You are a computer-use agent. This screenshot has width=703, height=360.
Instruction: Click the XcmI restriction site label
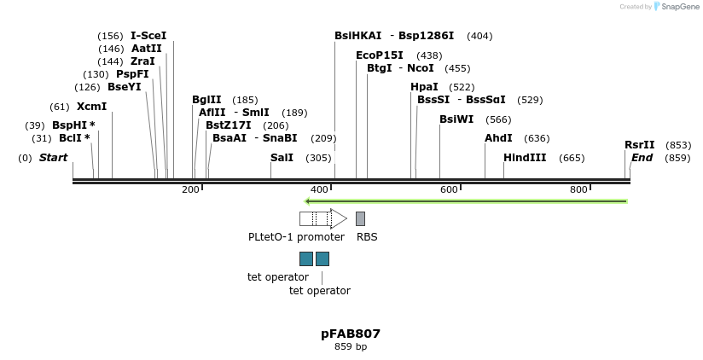click(91, 107)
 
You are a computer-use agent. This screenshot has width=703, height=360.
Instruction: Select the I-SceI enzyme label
click(148, 36)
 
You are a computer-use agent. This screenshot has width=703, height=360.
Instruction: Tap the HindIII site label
click(525, 157)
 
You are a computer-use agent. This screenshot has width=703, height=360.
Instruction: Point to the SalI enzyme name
click(282, 157)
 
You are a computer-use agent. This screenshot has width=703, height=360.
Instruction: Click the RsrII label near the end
click(639, 145)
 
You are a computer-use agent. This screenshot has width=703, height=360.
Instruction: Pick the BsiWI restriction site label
click(456, 119)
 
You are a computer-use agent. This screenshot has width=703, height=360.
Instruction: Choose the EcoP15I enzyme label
click(380, 55)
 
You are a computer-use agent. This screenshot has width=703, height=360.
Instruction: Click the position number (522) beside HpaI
click(462, 87)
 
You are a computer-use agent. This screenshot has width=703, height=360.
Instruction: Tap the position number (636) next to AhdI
click(537, 138)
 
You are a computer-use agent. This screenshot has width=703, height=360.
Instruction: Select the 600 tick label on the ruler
click(449, 189)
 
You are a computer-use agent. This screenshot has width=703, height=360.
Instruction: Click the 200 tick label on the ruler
click(190, 189)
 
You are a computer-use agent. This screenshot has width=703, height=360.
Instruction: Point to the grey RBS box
click(361, 218)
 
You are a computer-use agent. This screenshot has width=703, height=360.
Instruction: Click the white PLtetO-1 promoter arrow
click(323, 218)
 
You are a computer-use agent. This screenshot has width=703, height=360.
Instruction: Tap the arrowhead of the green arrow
click(306, 201)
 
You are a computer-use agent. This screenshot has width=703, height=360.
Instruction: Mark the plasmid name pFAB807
click(351, 334)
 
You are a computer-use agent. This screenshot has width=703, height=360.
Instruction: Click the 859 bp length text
click(351, 346)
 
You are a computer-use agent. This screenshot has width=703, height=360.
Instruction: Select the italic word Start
click(54, 157)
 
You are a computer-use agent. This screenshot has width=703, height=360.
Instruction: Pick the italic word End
click(642, 157)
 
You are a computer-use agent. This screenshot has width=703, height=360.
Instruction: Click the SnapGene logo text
click(677, 7)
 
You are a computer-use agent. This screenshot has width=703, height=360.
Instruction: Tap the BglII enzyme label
click(206, 100)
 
